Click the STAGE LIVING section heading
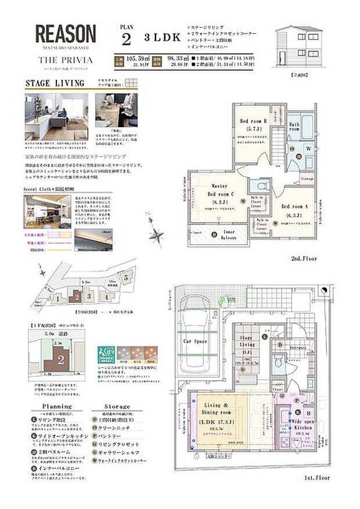point(55,84)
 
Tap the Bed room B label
point(253,121)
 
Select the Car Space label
point(196,342)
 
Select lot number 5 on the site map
point(126,278)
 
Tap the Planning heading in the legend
point(56,406)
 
